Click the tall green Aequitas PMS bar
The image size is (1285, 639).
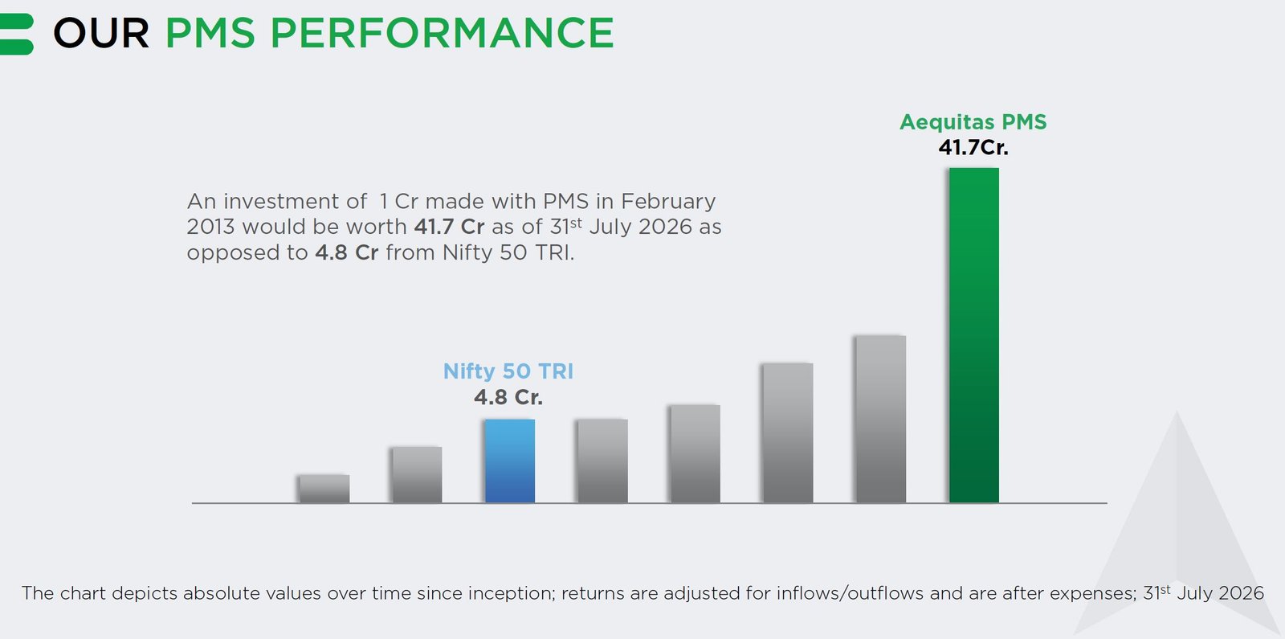pyautogui.click(x=974, y=335)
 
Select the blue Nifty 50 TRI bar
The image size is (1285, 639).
pyautogui.click(x=510, y=461)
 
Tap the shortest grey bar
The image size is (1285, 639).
pyautogui.click(x=324, y=489)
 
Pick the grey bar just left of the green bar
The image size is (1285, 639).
pyautogui.click(x=880, y=419)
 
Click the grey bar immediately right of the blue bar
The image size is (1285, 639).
pyautogui.click(x=602, y=461)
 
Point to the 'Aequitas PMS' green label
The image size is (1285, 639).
pyautogui.click(x=973, y=121)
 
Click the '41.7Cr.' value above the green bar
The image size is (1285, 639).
pyautogui.click(x=973, y=148)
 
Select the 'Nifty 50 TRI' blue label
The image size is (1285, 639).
pyautogui.click(x=508, y=371)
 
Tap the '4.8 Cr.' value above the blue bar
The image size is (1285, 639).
pyautogui.click(x=508, y=397)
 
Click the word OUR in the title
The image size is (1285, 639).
pyautogui.click(x=101, y=33)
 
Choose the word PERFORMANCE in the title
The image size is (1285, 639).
pyautogui.click(x=443, y=33)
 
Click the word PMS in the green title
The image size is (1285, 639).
pyautogui.click(x=210, y=33)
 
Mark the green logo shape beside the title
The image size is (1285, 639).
pyautogui.click(x=16, y=34)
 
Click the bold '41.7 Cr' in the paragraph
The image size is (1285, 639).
pyautogui.click(x=449, y=227)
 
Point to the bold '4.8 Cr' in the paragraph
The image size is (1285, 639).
pyautogui.click(x=346, y=252)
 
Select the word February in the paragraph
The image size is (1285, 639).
pyautogui.click(x=668, y=202)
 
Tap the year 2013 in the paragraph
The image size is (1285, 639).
pyautogui.click(x=210, y=227)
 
